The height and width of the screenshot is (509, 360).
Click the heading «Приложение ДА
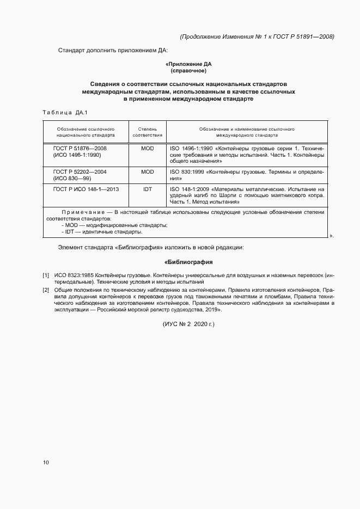(188, 64)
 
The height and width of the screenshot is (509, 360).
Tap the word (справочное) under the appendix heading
(188, 70)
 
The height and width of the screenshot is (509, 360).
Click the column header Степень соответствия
(148, 131)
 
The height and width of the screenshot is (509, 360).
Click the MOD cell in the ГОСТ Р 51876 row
(148, 148)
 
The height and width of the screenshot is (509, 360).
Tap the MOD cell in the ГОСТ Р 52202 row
(148, 171)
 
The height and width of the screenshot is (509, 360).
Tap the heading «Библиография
(188, 262)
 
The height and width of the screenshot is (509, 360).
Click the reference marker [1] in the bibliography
(46, 275)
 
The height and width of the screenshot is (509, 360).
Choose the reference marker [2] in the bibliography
(46, 291)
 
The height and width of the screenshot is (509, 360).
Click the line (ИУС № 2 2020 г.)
(188, 323)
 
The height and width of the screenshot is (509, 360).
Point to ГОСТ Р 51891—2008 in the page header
(306, 37)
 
